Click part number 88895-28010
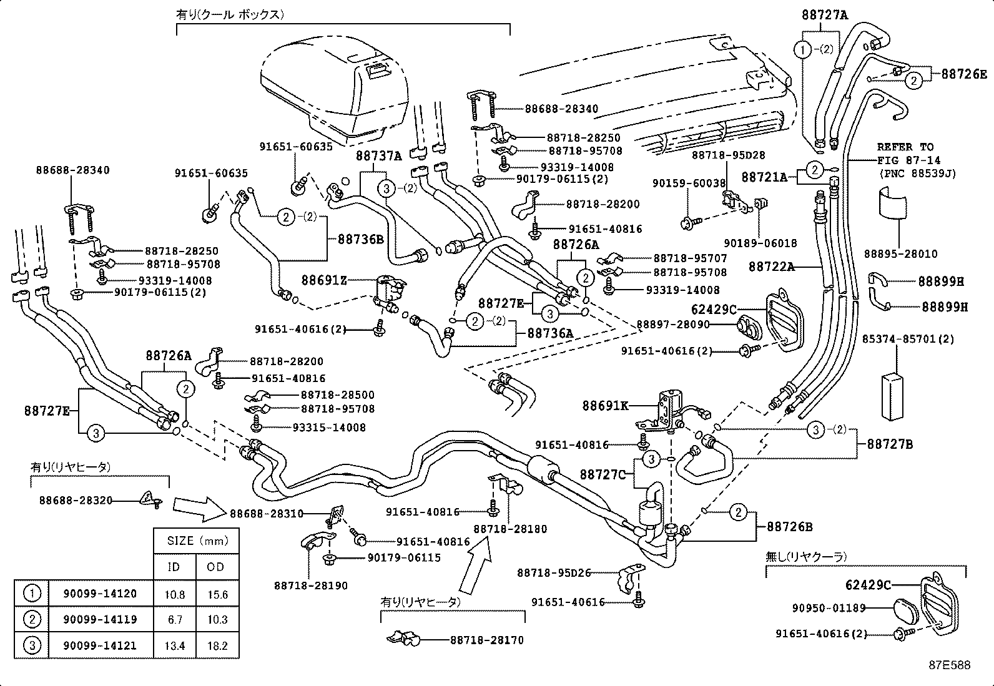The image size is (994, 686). [x=900, y=254]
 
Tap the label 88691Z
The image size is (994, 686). [x=323, y=280]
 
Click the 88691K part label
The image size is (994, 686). [x=605, y=406]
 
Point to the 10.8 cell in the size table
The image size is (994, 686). [x=174, y=594]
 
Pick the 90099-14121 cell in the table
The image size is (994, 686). [x=100, y=645]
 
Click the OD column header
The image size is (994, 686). [x=217, y=567]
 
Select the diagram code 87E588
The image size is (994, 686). [x=948, y=665]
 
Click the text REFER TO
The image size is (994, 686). [x=905, y=147]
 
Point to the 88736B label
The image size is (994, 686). [x=360, y=238]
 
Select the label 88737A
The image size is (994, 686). [x=378, y=155]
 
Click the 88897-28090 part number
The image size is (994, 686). [x=672, y=324]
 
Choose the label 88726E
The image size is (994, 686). [x=964, y=74]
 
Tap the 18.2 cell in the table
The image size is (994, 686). [x=217, y=645]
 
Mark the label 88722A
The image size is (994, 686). [x=772, y=267]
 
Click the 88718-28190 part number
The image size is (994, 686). [x=310, y=586]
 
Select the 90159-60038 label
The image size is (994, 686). [x=689, y=184]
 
